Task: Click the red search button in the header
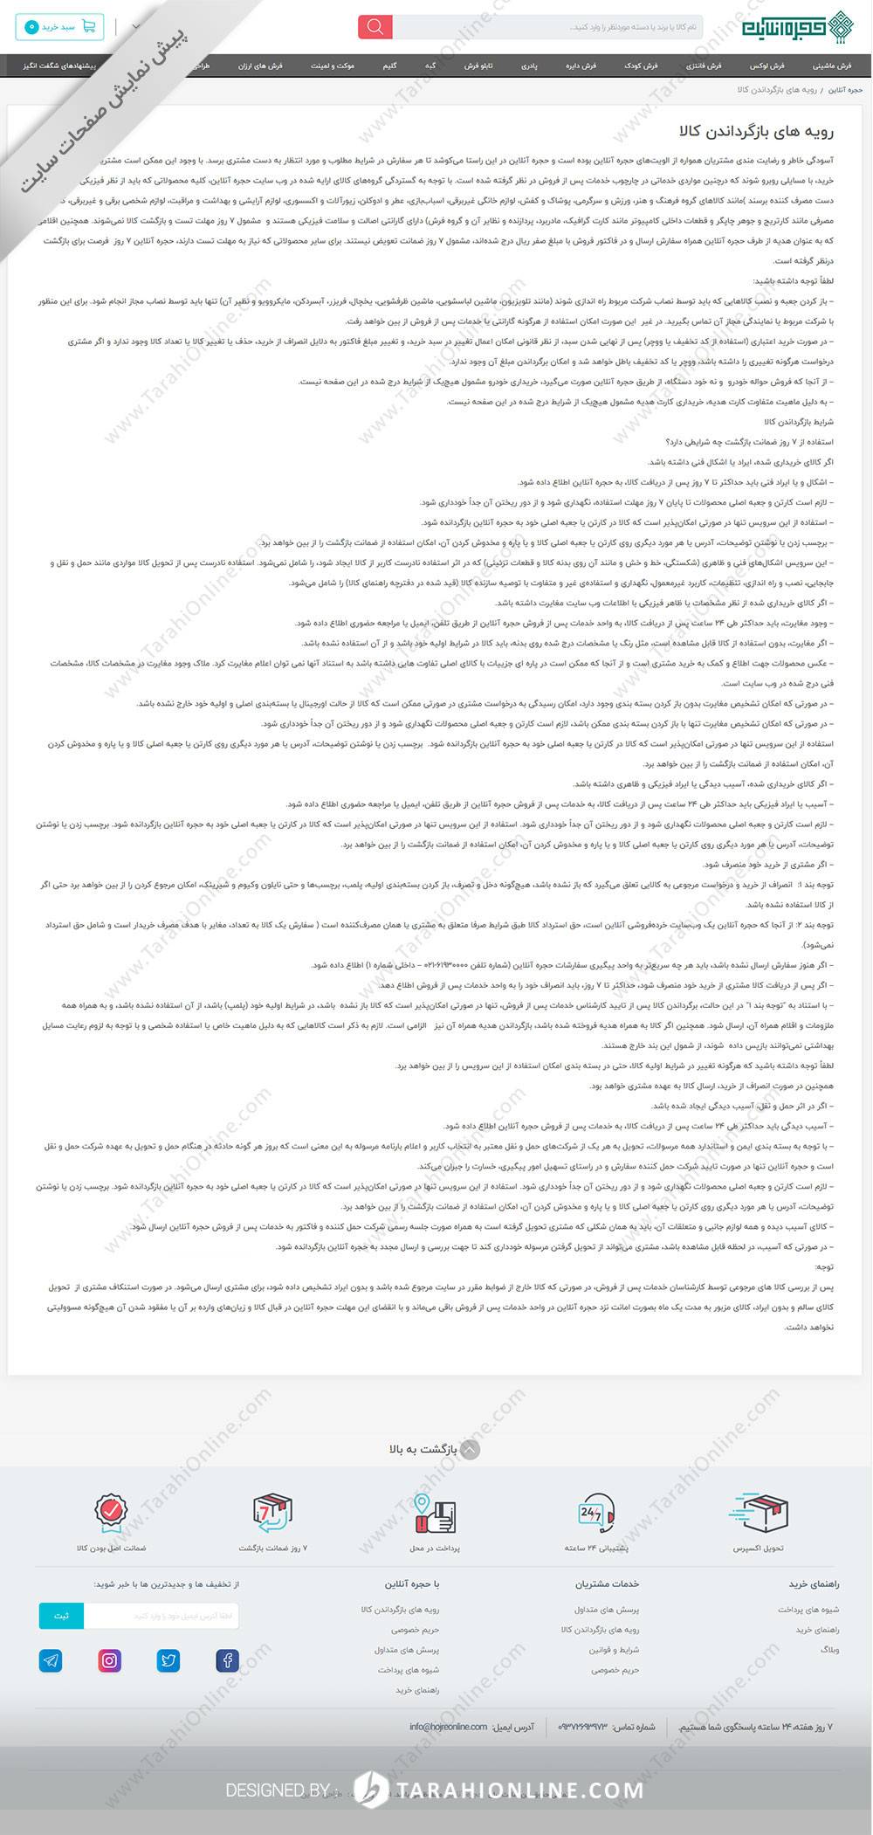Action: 375,27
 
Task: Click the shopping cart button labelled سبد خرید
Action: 59,27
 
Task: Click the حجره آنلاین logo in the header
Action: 795,26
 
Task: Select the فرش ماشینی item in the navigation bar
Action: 832,66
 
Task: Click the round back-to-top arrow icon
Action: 470,1449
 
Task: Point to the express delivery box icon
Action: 759,1514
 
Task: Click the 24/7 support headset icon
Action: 596,1514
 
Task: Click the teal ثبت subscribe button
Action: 61,1616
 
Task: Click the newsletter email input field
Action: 161,1616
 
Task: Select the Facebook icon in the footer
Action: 227,1660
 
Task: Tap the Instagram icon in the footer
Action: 110,1660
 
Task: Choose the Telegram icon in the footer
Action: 51,1660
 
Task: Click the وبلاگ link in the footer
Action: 829,1650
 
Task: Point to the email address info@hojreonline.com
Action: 448,1728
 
